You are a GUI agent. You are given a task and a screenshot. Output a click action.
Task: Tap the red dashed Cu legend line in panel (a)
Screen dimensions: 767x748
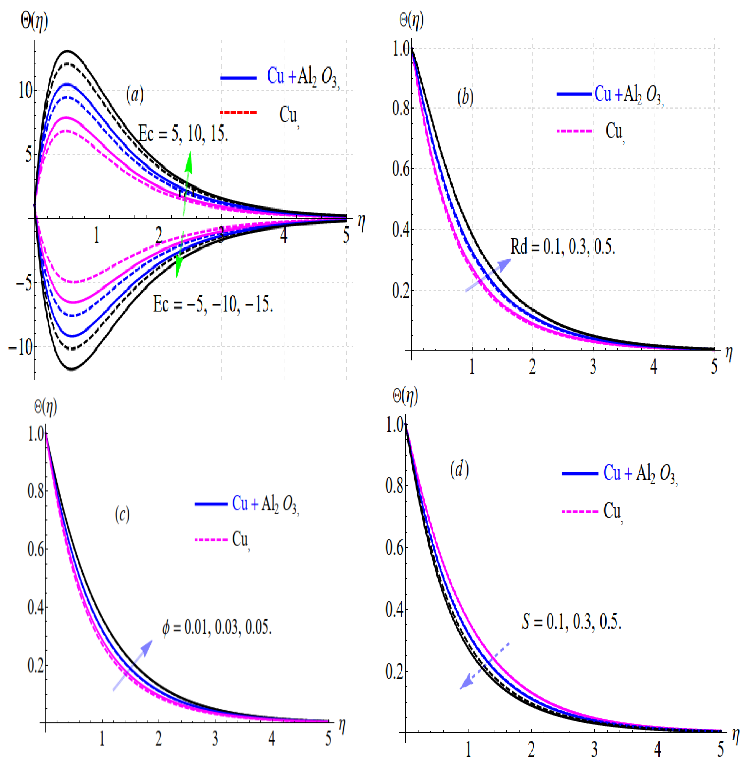coord(238,112)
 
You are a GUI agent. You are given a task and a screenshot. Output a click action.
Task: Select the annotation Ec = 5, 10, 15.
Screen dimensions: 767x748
coord(183,134)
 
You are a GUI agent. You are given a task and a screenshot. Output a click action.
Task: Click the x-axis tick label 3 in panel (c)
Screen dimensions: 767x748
coord(215,739)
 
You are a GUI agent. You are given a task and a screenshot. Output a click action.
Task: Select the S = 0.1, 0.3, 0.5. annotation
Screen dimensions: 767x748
coord(572,622)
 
